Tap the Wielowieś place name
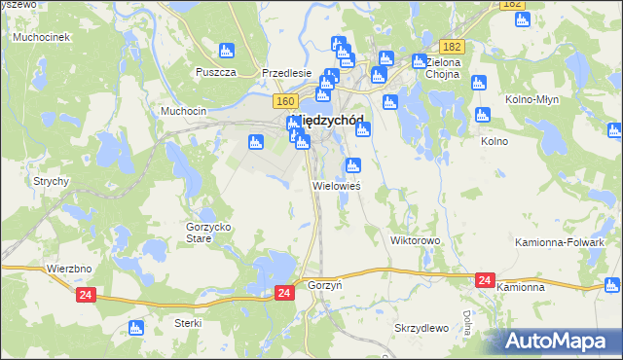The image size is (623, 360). (337, 185)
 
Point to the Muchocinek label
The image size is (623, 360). (39, 37)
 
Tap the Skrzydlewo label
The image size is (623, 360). (421, 328)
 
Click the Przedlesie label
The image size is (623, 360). (286, 72)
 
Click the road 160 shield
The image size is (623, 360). (284, 101)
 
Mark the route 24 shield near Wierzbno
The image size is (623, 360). (86, 292)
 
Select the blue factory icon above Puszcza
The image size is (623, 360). (227, 50)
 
